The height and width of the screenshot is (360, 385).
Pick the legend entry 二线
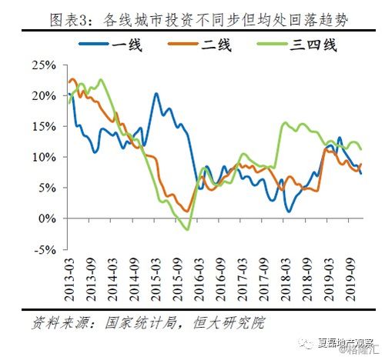(202, 44)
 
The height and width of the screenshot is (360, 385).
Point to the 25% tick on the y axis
(45, 65)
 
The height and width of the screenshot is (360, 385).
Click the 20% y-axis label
(45, 95)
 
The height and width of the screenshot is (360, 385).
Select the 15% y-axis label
(45, 126)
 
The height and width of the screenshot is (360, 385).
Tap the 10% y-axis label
(45, 157)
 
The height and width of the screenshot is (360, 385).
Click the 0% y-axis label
(48, 218)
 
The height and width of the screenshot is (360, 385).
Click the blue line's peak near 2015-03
(156, 94)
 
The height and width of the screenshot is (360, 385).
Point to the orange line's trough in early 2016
(187, 211)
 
